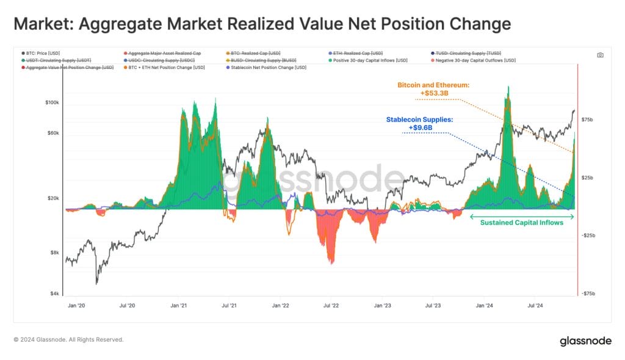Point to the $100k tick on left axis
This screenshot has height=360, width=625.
tap(51, 103)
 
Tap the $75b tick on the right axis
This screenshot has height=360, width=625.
tap(587, 120)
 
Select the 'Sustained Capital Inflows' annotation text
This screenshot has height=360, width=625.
tap(521, 223)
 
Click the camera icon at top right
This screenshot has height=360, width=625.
tap(600, 55)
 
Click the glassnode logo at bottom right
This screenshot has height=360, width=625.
tap(585, 341)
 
